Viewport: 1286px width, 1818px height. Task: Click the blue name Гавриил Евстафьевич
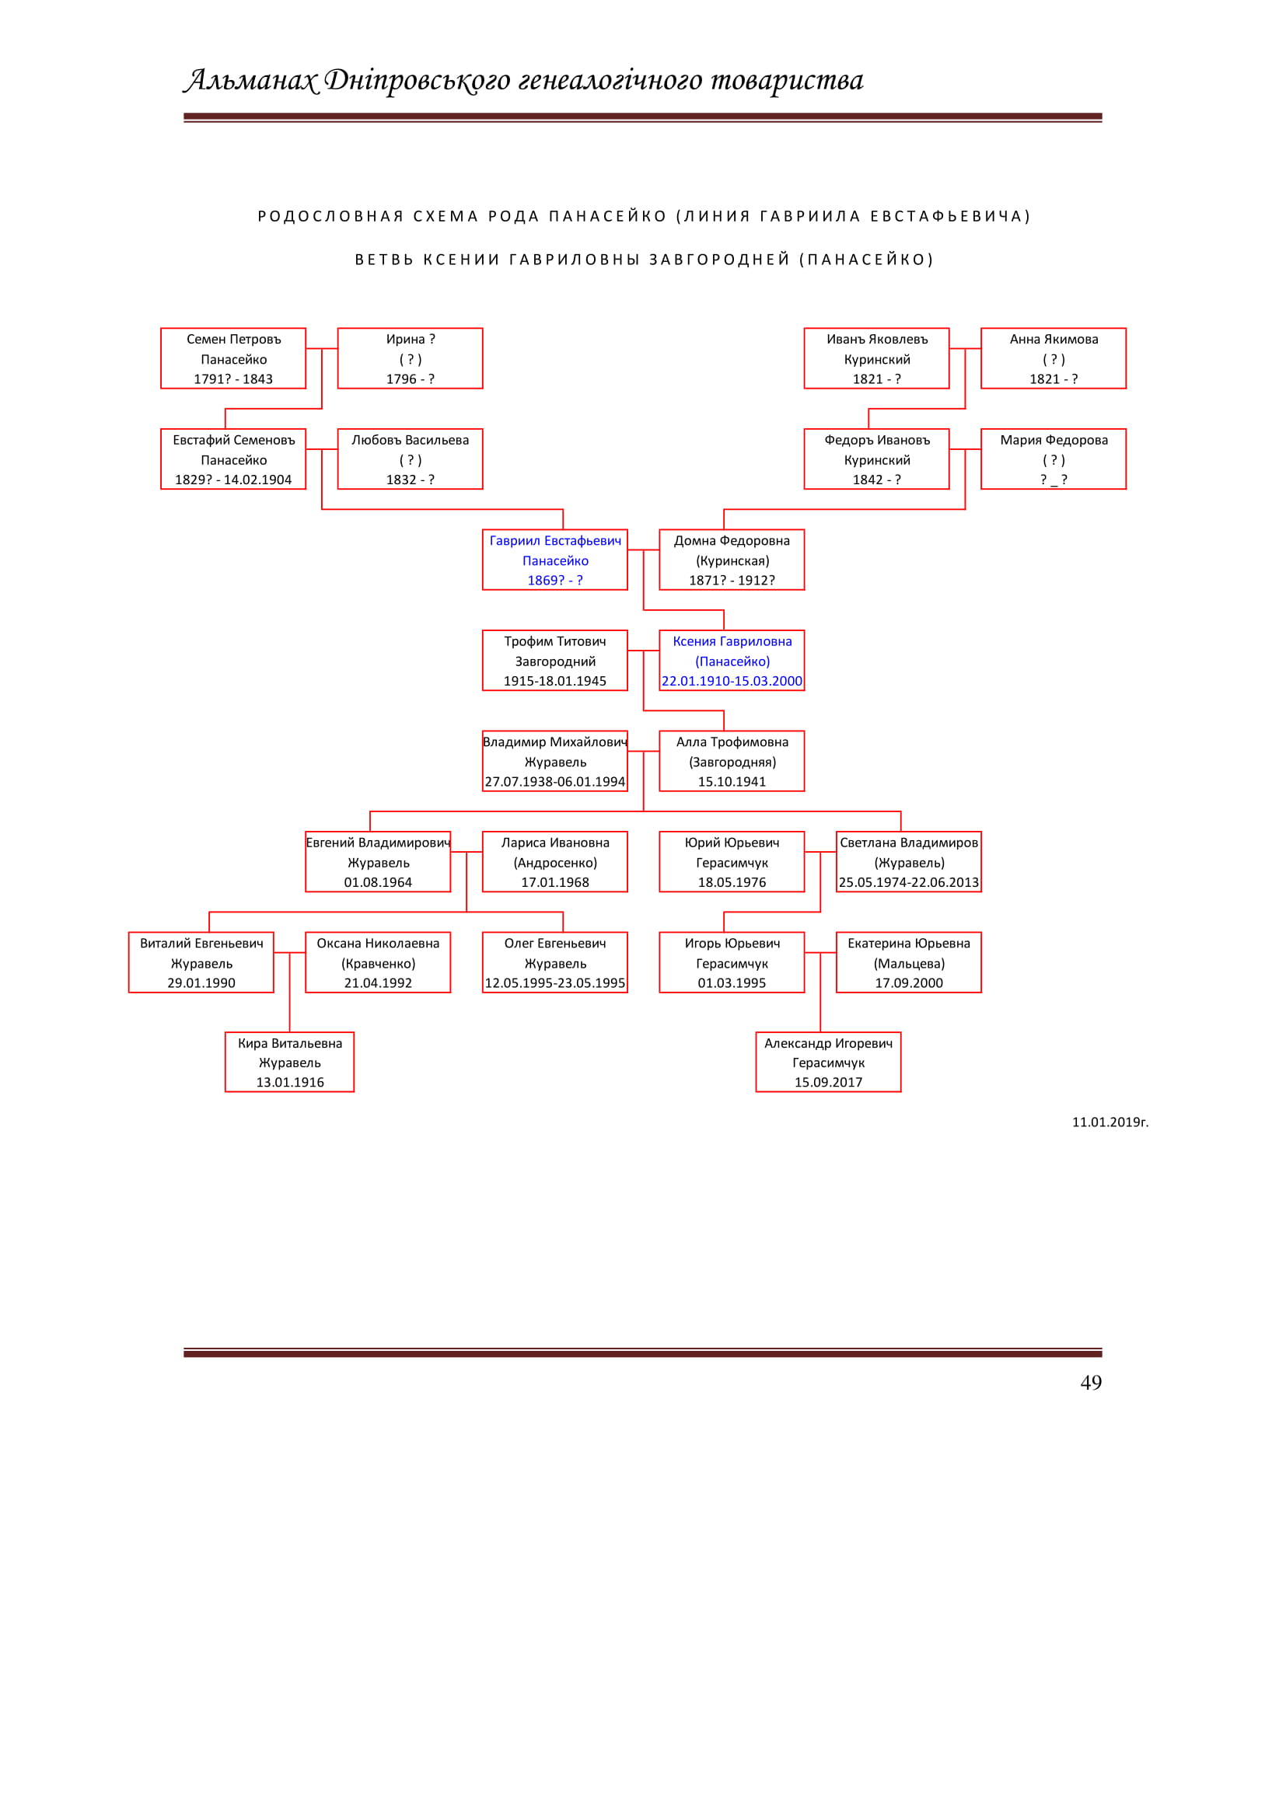(x=555, y=541)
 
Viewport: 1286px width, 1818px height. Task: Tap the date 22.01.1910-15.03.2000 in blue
(x=732, y=681)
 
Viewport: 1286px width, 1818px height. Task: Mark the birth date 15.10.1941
(x=732, y=781)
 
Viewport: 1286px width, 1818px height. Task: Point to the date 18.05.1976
(x=732, y=882)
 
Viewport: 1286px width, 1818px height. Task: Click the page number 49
(x=1090, y=1383)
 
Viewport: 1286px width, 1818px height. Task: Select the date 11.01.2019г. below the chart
(x=1110, y=1122)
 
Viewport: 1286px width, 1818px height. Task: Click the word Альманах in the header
(x=251, y=80)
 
